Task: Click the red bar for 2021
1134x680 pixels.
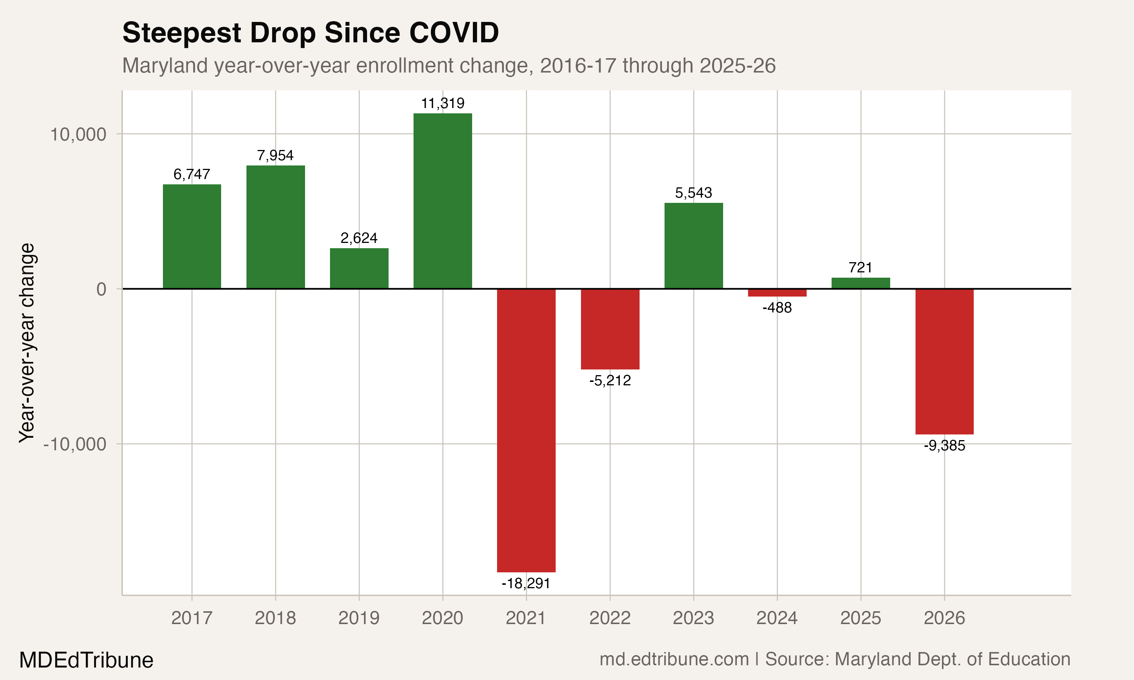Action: tap(526, 430)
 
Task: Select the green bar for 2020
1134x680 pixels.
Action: tap(442, 201)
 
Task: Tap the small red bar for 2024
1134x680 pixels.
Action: tap(777, 293)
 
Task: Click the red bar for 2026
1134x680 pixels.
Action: tap(944, 361)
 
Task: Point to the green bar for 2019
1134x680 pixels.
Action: tap(359, 268)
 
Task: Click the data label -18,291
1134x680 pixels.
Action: tap(526, 583)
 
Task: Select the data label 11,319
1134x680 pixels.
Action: tap(442, 104)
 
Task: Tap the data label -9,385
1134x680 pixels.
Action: tap(944, 445)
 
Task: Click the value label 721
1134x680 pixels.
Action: tap(860, 267)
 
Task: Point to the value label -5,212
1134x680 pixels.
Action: tap(610, 380)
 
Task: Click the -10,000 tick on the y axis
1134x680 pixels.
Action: tap(75, 444)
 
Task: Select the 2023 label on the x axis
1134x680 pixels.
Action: tap(693, 618)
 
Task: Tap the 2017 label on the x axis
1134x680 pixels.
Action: tap(192, 618)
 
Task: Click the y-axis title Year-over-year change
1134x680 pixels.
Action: tap(26, 343)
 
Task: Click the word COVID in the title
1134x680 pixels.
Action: tap(454, 33)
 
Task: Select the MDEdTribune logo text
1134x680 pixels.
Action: tap(86, 660)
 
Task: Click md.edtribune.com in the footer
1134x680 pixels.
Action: tap(674, 659)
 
